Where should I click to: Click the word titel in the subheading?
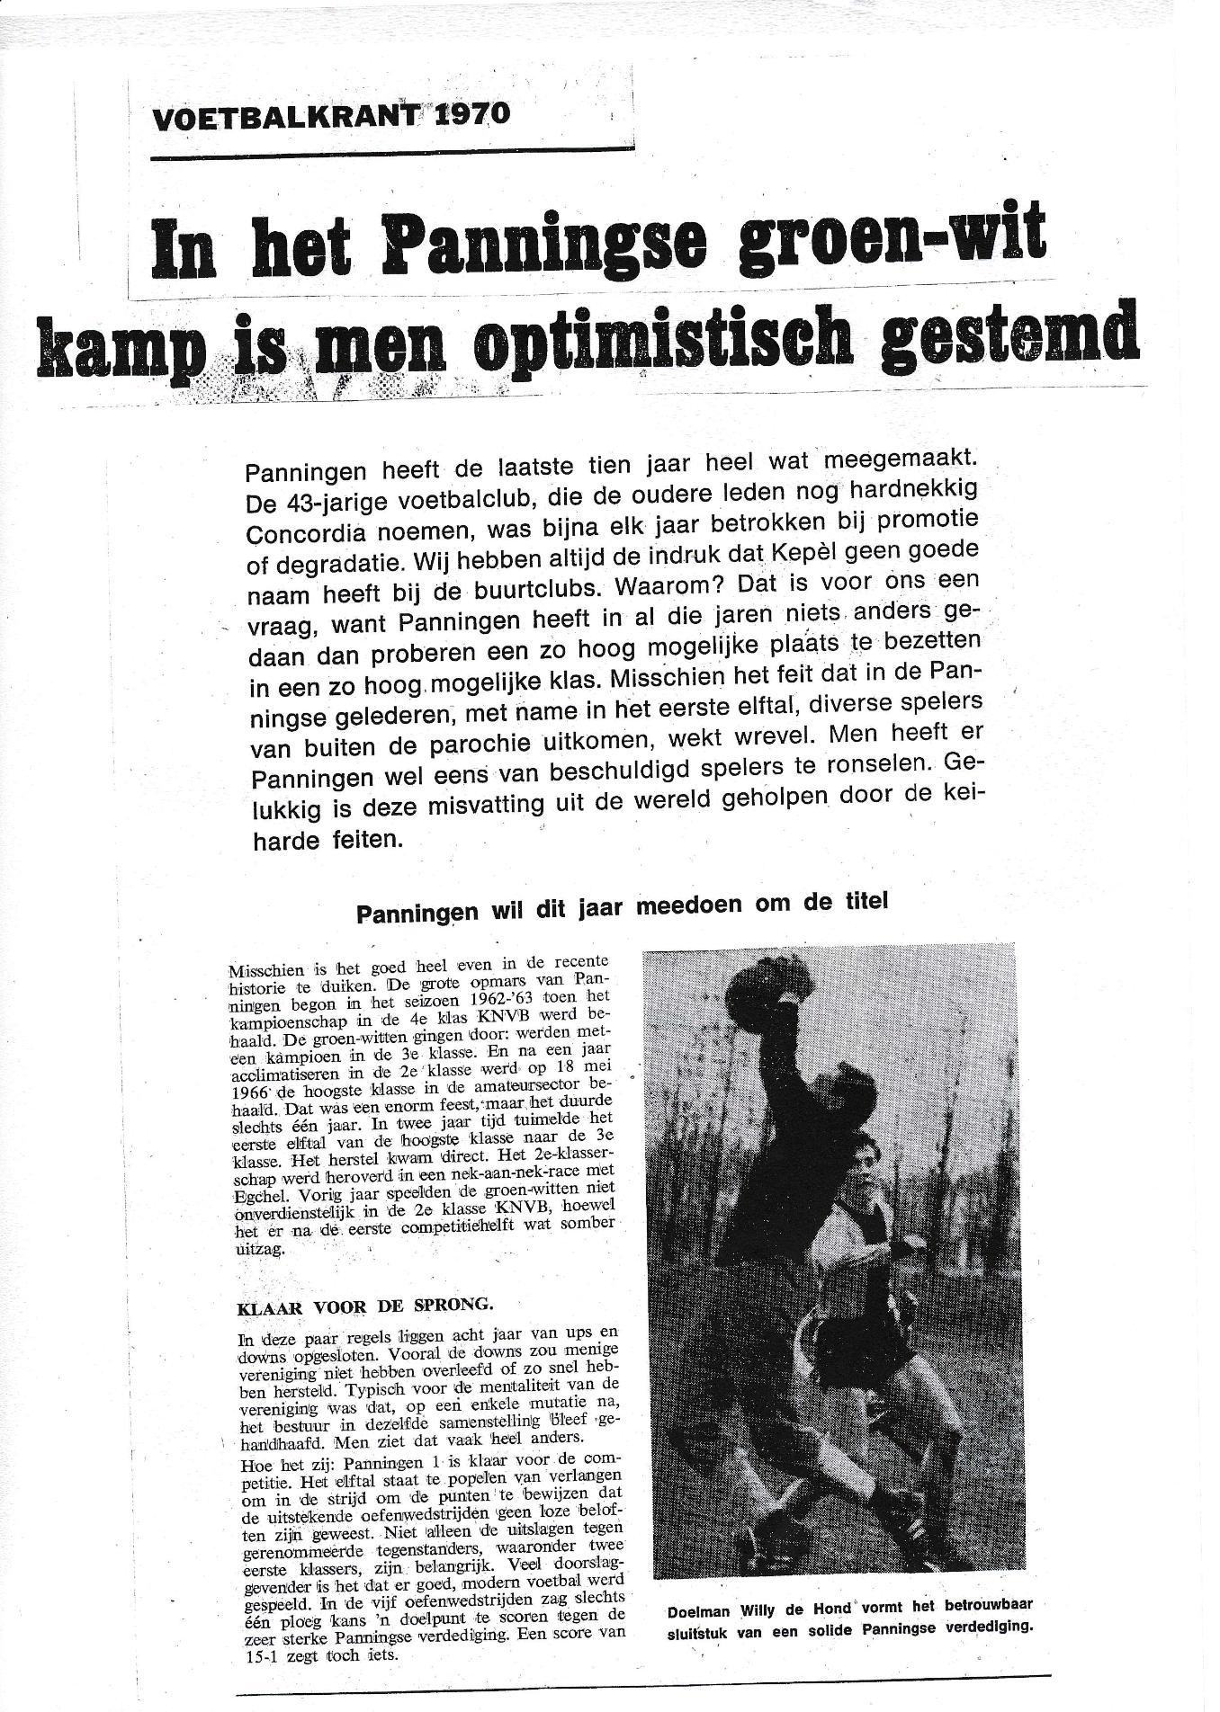861,902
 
